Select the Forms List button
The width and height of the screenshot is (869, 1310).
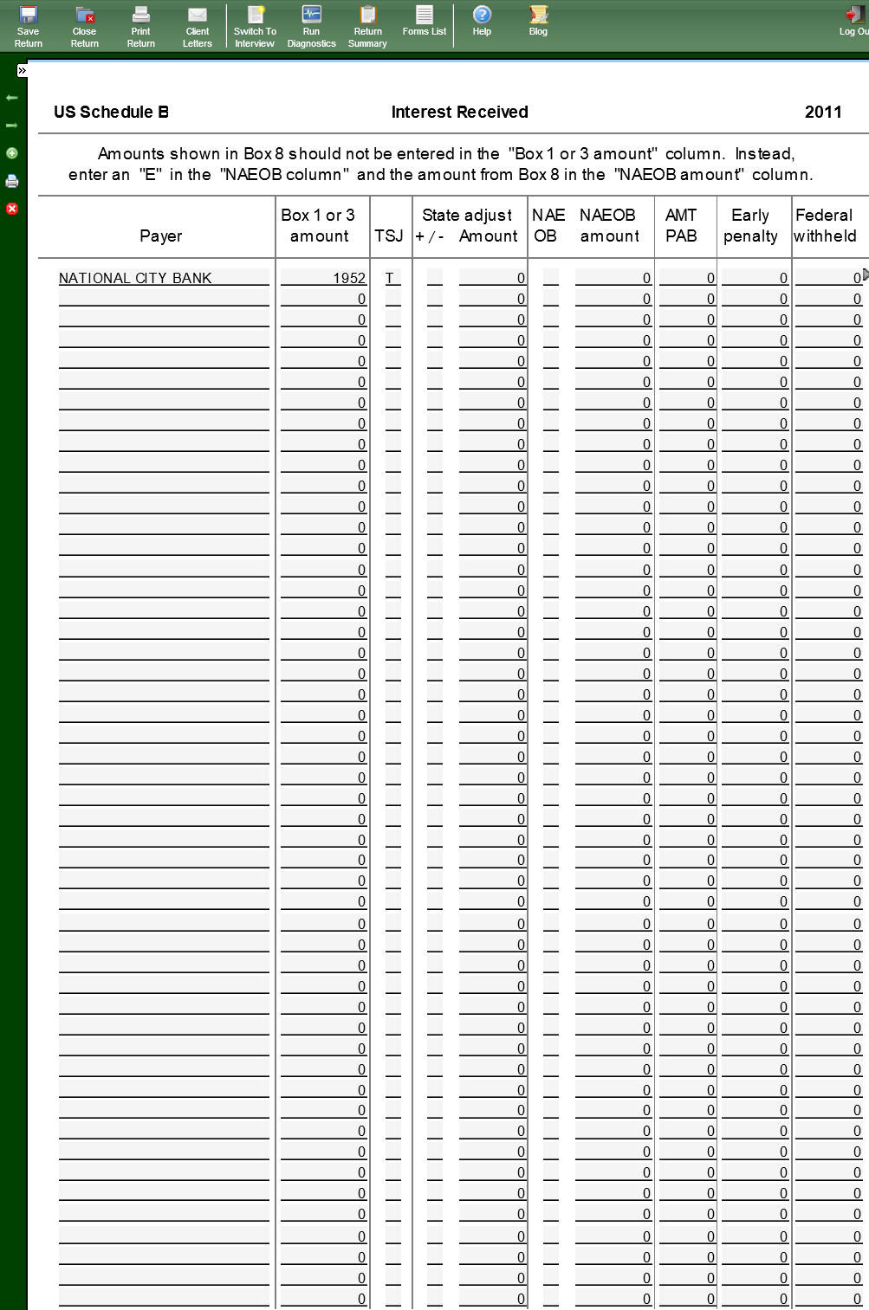coord(425,21)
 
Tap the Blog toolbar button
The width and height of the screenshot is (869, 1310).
coord(538,21)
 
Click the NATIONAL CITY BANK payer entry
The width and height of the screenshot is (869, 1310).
coord(135,278)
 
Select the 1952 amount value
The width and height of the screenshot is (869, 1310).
coord(349,278)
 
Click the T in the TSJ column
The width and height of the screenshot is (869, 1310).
coord(390,278)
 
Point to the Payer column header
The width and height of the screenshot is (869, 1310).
coord(161,236)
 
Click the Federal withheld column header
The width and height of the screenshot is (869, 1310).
coord(825,225)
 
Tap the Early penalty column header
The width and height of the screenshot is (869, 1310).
coord(750,225)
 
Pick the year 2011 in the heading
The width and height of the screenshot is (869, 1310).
coord(823,112)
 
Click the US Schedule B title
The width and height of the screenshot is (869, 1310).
coord(111,112)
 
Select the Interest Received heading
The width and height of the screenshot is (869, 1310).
coord(459,112)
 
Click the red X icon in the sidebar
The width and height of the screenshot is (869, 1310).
coord(12,209)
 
